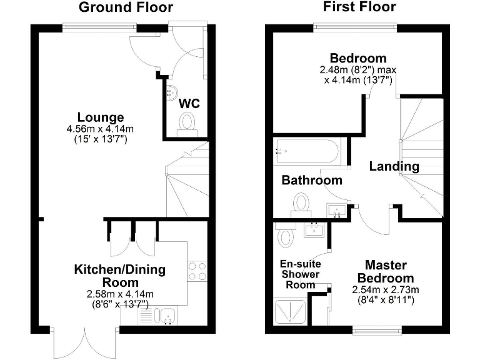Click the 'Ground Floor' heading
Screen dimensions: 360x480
[x=126, y=7]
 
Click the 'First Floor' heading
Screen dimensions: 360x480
[x=359, y=7]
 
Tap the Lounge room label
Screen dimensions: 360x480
[x=101, y=117]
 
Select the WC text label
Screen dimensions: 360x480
[x=190, y=102]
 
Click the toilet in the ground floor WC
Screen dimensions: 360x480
[x=187, y=122]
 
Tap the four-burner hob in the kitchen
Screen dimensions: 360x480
[x=197, y=271]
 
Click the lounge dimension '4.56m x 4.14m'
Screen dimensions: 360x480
[x=101, y=129]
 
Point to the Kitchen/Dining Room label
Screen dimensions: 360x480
[x=120, y=276]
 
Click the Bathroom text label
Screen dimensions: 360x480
[x=312, y=180]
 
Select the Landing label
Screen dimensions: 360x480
[x=394, y=166]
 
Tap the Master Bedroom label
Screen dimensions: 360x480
[x=389, y=271]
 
